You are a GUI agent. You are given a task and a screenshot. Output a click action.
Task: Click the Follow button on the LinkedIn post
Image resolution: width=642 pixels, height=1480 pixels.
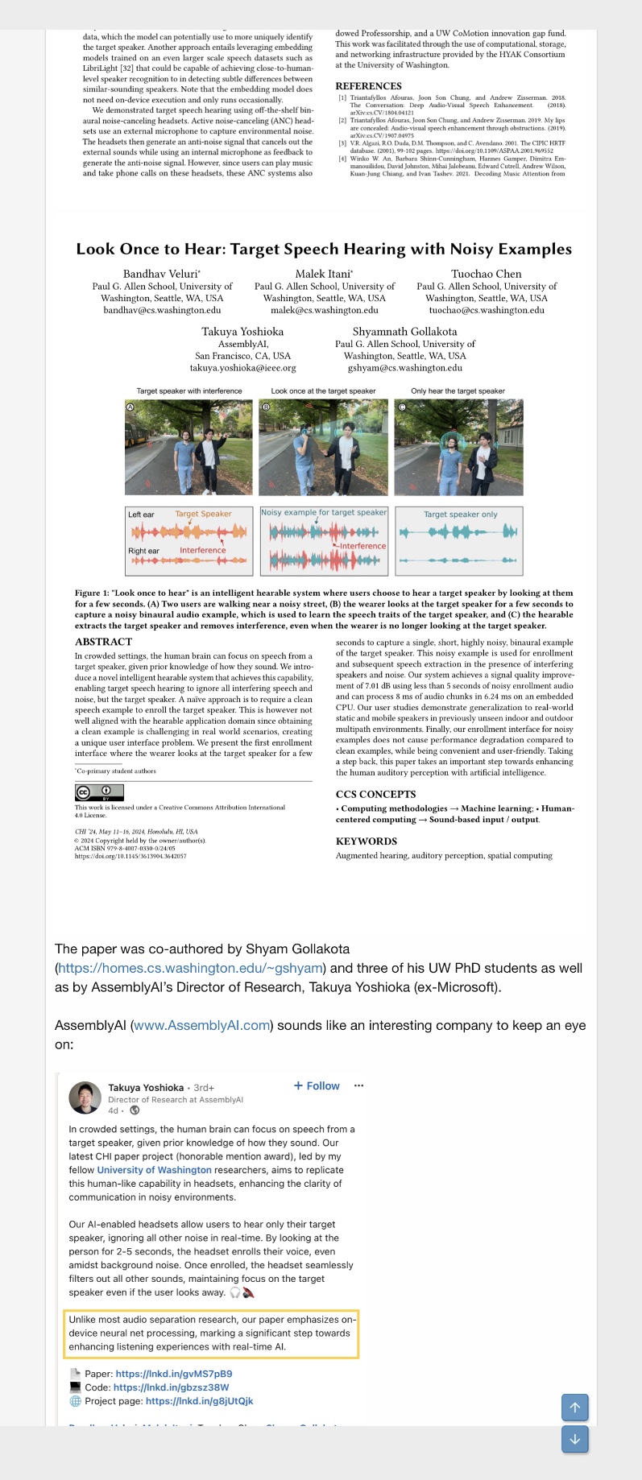point(317,1085)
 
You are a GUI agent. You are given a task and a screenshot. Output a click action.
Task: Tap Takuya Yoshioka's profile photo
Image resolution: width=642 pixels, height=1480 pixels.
point(85,1098)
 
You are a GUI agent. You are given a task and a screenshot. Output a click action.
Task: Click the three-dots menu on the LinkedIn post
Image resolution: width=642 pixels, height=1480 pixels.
point(358,1085)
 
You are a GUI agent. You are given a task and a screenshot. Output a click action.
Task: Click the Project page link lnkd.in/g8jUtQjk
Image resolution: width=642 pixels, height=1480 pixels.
point(199,1401)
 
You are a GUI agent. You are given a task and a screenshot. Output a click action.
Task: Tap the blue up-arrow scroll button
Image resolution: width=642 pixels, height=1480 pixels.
point(574,1408)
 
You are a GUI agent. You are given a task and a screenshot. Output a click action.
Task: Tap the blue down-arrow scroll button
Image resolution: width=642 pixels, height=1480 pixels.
point(574,1439)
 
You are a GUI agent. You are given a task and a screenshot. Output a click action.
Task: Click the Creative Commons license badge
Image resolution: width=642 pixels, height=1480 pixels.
point(99,792)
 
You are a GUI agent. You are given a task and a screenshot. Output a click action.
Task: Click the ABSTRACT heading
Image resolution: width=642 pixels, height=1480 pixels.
point(103,642)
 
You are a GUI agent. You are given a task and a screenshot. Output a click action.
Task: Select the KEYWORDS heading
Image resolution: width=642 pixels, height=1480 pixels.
point(366,841)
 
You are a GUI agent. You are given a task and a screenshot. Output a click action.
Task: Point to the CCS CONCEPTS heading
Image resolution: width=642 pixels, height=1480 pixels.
point(375,794)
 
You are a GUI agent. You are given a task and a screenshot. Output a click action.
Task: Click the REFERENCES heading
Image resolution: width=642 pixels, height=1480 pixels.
point(368,86)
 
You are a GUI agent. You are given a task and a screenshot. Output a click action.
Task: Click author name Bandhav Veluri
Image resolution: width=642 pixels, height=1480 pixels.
point(161,274)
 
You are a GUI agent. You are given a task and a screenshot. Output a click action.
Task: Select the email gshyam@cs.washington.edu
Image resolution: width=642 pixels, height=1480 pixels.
point(404,368)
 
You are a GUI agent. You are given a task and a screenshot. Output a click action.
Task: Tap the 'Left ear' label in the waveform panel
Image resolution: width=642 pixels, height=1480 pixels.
point(141,515)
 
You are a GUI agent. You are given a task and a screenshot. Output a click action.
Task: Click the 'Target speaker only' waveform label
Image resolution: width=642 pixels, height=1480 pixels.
point(460,515)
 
